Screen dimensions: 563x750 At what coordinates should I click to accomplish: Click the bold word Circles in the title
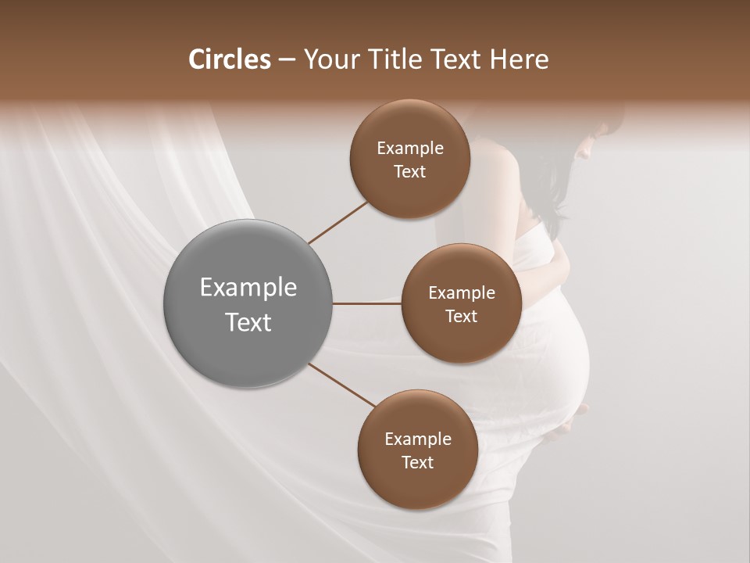[229, 59]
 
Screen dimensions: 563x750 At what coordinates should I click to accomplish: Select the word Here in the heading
[520, 59]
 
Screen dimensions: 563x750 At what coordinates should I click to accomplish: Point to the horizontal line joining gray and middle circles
[366, 303]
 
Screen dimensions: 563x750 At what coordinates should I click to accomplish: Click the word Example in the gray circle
[248, 288]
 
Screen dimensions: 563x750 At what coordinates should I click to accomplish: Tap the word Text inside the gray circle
[248, 322]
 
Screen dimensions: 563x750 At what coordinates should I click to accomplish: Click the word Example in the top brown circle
[410, 149]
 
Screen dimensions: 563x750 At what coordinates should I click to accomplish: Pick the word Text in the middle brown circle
[461, 317]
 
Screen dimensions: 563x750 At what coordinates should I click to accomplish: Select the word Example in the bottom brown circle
[418, 439]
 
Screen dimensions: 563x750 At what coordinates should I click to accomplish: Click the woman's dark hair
[547, 188]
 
